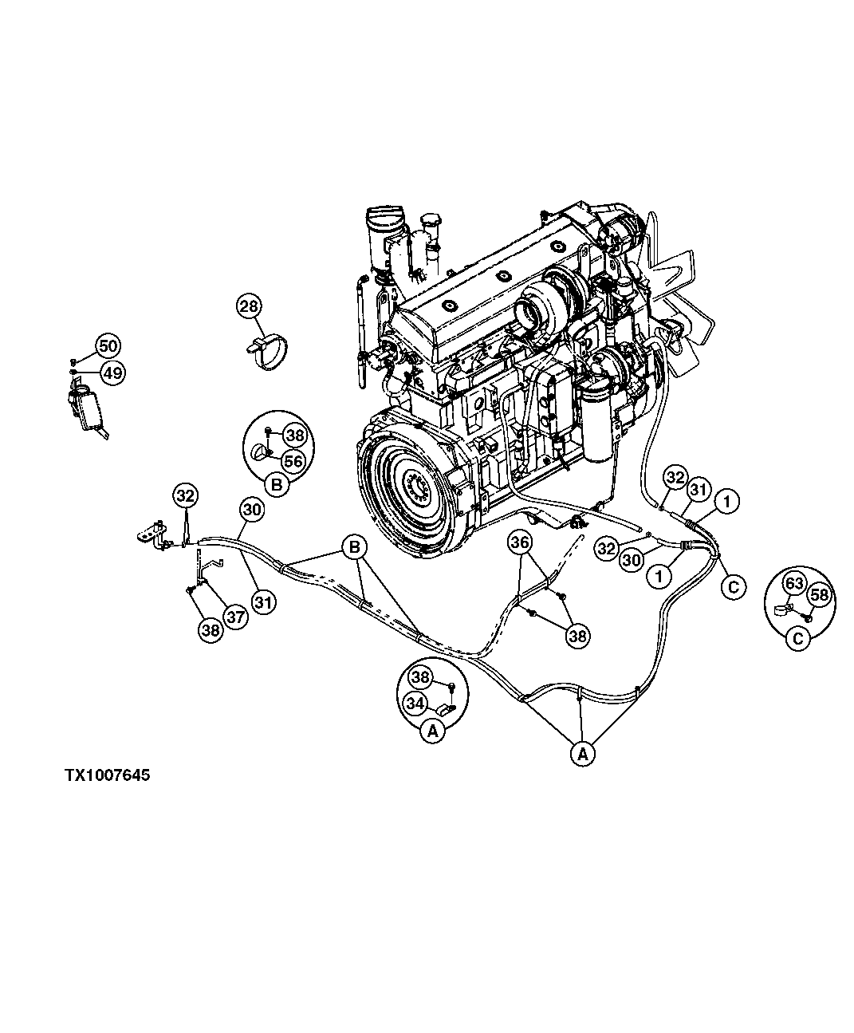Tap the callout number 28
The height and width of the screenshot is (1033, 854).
coord(250,306)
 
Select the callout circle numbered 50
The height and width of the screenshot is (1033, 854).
coord(108,346)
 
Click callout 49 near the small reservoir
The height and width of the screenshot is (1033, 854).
coord(112,372)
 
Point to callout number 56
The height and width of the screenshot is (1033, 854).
coord(293,460)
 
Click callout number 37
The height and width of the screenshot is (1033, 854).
coord(236,616)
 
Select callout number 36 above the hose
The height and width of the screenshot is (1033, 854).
coord(521,543)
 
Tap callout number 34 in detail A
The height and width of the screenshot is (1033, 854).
coord(415,703)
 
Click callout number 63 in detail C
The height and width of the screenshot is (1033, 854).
coord(793,583)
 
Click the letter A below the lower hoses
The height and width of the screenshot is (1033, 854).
coord(583,752)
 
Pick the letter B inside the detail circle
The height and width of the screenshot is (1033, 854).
coord(277,484)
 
